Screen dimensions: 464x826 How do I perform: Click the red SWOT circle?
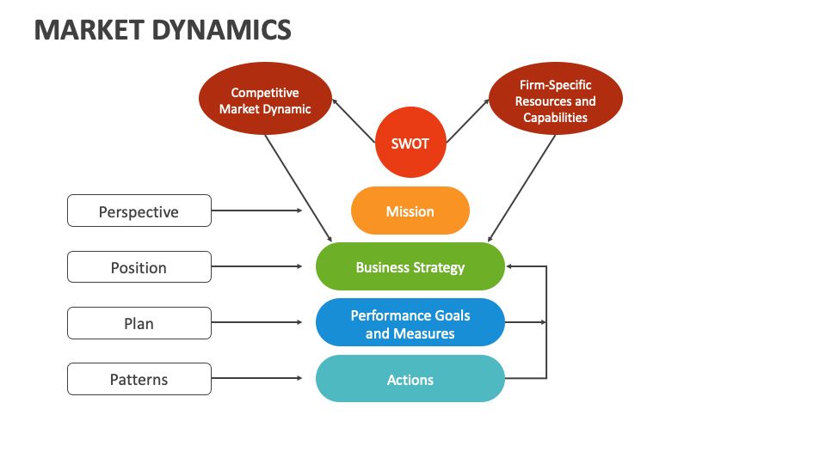point(410,143)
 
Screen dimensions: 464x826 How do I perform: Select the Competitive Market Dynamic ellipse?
point(265,101)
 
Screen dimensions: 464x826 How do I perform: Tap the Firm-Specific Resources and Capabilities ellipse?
point(555,101)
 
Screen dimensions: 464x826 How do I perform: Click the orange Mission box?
point(410,211)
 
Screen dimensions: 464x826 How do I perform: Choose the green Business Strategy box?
point(410,267)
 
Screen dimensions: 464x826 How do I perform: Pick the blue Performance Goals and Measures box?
point(410,323)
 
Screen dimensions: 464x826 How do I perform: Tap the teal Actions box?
point(410,379)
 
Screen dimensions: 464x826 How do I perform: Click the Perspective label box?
point(139,211)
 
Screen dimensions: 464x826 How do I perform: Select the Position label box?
point(139,267)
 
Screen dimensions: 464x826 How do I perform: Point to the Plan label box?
point(139,323)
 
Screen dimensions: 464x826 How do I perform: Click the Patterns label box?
point(139,379)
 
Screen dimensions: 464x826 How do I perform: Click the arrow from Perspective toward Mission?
point(256,211)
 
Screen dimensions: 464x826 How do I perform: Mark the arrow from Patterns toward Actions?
point(256,378)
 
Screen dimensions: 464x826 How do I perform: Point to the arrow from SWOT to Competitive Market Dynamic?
point(354,120)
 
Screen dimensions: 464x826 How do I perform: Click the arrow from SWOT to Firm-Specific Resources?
point(467,120)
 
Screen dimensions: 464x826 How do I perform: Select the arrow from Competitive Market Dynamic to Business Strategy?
point(298,187)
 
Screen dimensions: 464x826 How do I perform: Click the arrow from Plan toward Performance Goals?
point(256,322)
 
